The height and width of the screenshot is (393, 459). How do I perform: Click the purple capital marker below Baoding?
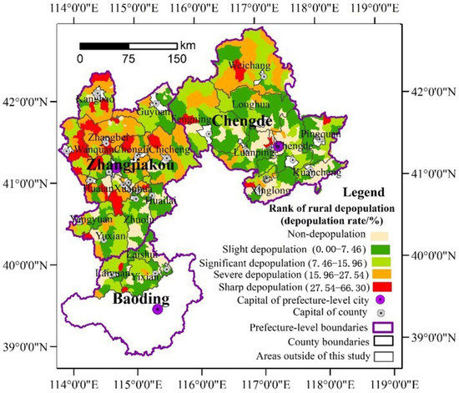158,310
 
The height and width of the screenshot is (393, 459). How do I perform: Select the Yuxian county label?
109,236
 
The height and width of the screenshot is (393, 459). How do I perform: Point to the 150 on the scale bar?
177,58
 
